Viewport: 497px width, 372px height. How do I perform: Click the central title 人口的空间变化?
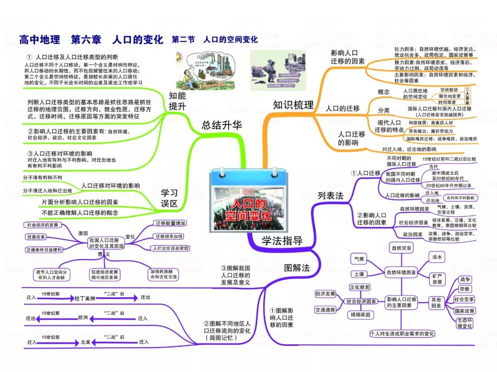click(248, 209)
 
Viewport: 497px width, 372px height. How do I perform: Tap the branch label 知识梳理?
click(293, 105)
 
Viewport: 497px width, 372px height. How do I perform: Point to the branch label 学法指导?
click(282, 240)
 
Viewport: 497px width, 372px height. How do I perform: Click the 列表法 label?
click(330, 195)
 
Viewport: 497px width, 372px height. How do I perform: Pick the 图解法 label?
click(297, 268)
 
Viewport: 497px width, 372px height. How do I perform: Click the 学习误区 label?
click(169, 198)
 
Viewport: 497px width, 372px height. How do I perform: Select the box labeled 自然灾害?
click(402, 248)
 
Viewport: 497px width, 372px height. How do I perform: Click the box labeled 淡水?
click(437, 257)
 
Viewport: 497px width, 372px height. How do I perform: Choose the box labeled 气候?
click(359, 259)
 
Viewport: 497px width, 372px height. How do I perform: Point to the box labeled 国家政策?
click(464, 311)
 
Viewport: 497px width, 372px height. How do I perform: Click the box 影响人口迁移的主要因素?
click(402, 302)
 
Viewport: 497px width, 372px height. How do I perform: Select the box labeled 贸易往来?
click(35, 237)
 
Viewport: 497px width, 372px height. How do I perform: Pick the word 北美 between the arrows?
click(85, 342)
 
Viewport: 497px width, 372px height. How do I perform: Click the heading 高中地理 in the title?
click(40, 40)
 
